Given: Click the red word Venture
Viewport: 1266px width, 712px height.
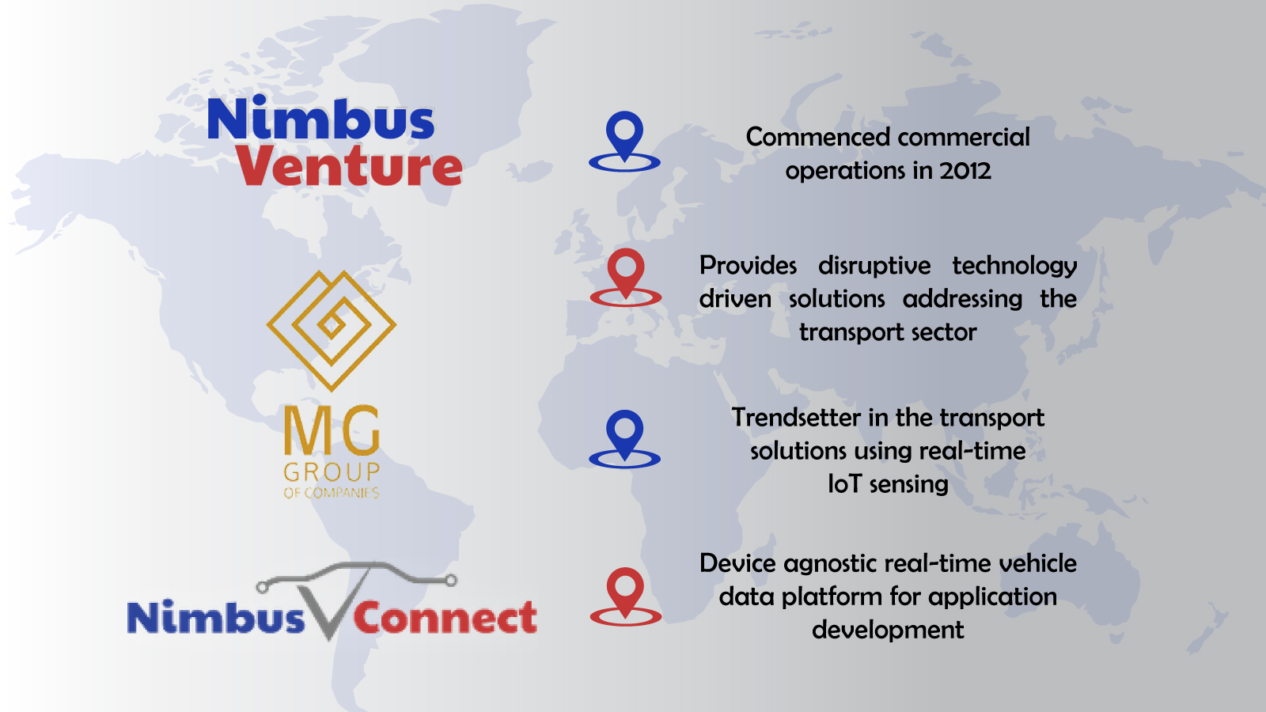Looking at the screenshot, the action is [x=349, y=165].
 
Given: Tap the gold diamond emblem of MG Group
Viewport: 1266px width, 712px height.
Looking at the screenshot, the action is [x=332, y=330].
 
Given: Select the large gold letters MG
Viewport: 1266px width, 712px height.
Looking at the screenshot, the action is [x=332, y=430].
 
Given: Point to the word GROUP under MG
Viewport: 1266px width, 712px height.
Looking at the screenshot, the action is [x=332, y=472].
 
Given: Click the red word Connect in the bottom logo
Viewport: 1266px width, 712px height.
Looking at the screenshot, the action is [x=445, y=618].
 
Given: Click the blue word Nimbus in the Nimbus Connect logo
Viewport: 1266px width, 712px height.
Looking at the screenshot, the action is [x=216, y=618].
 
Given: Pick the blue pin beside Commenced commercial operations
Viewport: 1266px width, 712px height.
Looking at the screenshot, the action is [x=624, y=142].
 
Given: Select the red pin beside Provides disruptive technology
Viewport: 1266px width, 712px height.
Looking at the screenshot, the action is [x=626, y=278].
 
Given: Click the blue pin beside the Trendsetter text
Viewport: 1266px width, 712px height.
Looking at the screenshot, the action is [x=624, y=439].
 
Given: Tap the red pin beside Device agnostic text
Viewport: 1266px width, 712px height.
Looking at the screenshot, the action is [x=626, y=596].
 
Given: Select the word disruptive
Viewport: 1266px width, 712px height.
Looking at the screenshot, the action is [x=874, y=267].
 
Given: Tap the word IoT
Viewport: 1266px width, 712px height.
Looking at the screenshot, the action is [x=844, y=484].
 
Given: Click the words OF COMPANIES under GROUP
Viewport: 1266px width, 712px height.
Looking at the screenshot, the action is [x=332, y=493].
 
